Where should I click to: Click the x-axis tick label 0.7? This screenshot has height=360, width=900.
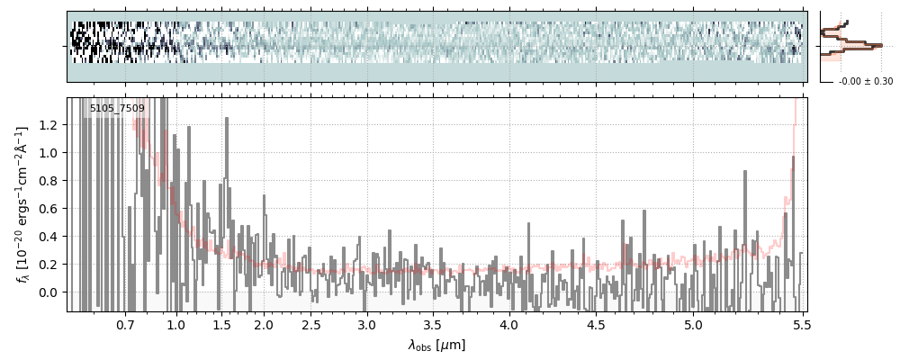[125, 324]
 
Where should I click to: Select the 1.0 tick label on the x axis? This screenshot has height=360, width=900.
[175, 324]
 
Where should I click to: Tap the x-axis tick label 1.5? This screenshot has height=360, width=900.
[221, 324]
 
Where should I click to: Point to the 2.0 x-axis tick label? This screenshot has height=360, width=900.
[264, 324]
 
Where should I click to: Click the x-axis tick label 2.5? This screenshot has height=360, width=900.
[310, 324]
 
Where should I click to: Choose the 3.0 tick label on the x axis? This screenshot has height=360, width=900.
[366, 324]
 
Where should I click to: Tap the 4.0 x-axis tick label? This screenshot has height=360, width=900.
[508, 324]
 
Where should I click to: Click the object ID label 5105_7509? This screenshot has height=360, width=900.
[117, 109]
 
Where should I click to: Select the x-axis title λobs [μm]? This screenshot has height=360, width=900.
[436, 345]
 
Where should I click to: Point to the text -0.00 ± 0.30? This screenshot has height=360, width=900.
[865, 82]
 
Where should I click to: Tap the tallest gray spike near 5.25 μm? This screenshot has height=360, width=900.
[746, 175]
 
